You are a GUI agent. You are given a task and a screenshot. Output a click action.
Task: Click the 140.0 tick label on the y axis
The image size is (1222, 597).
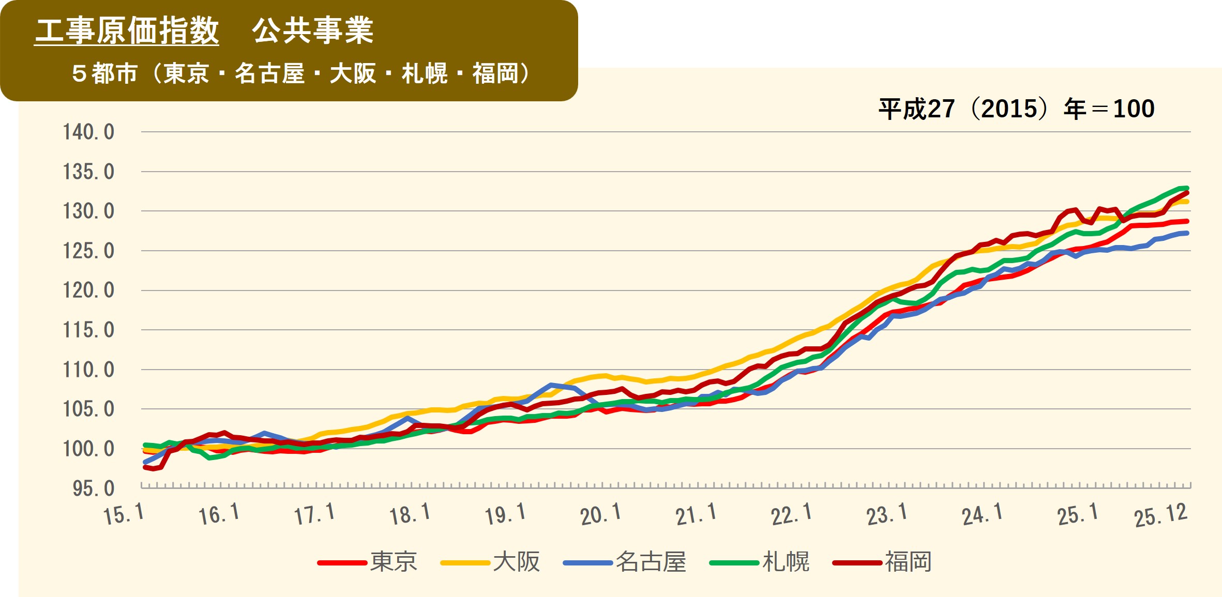(x=88, y=132)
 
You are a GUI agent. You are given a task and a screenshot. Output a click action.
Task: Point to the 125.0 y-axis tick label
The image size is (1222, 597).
(x=88, y=251)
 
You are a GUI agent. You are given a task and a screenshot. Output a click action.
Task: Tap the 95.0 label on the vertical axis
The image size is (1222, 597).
(x=93, y=488)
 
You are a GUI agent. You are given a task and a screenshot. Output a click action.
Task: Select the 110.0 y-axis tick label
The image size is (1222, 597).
(x=88, y=370)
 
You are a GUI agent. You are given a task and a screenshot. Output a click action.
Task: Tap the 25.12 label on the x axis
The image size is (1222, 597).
(x=1160, y=515)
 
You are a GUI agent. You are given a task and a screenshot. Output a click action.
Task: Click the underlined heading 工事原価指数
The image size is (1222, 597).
(x=127, y=30)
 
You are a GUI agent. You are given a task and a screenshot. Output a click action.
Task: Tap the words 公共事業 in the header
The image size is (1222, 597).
(x=313, y=30)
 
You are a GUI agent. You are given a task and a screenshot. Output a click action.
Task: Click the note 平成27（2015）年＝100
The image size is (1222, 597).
(x=1016, y=109)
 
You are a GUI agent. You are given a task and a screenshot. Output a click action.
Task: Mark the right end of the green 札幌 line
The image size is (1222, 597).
(x=1187, y=188)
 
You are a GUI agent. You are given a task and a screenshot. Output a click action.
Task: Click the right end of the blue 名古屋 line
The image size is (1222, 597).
(x=1187, y=233)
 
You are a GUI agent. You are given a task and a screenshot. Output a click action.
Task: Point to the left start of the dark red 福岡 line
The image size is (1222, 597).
(x=145, y=467)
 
